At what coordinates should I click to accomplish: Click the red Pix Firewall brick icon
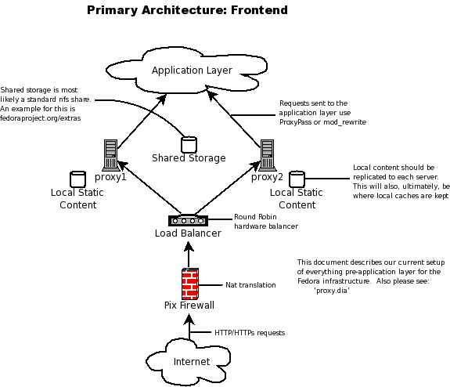(x=190, y=284)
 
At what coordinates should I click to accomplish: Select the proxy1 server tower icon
(x=110, y=155)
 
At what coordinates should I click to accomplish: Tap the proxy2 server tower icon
(x=267, y=155)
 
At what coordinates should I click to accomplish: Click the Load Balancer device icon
(x=188, y=220)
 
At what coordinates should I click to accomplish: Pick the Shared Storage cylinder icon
(x=189, y=144)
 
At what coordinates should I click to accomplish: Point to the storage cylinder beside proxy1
(x=77, y=179)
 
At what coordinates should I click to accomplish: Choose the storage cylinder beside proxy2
(x=297, y=179)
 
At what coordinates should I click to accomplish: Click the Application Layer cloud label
(x=192, y=71)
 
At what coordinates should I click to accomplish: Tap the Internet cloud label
(x=192, y=361)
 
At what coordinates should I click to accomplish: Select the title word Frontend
(x=259, y=10)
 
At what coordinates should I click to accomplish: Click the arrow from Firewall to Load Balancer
(x=189, y=255)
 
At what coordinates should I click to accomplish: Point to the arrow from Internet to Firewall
(x=189, y=327)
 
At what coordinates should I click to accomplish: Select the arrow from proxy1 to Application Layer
(x=142, y=121)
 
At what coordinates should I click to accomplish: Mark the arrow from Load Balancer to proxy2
(x=228, y=188)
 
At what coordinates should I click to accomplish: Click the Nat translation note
(x=250, y=285)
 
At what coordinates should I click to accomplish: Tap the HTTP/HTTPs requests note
(x=250, y=333)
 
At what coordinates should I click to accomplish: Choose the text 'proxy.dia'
(x=332, y=291)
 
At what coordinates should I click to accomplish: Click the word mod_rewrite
(x=344, y=122)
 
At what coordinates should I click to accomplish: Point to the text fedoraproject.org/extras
(x=41, y=118)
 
